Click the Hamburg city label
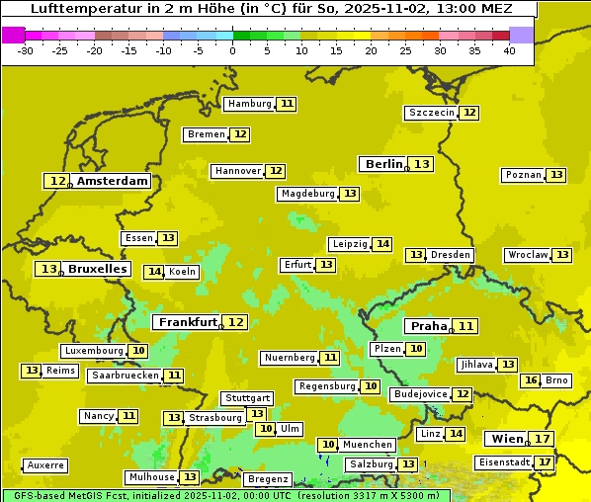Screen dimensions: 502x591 pos(249,104)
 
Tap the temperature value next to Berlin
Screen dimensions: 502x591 pos(422,164)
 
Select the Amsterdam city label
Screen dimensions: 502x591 pos(113,181)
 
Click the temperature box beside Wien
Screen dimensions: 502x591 pos(542,439)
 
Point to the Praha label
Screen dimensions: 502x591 pos(429,326)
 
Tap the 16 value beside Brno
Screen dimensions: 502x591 pos(531,380)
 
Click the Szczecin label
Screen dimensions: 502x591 pos(432,113)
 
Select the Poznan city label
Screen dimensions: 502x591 pos(523,175)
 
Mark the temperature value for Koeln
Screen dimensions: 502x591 pos(154,272)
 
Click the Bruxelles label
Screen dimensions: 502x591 pos(97,269)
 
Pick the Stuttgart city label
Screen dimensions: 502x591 pos(247,398)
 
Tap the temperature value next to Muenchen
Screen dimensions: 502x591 pos(328,445)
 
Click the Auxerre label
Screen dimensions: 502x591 pos(45,464)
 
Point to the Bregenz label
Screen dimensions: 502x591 pos(267,479)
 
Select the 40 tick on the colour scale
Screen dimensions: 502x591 pos(508,50)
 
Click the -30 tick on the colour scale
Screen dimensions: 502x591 pos(26,50)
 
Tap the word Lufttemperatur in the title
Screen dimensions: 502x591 pos(78,8)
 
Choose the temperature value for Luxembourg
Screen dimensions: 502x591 pos(138,351)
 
